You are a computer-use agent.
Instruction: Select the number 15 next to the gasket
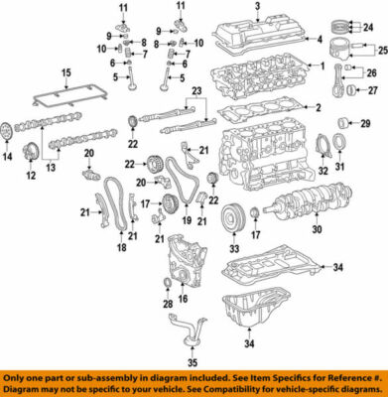pyautogui.click(x=66, y=73)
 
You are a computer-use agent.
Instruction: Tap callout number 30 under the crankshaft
pyautogui.click(x=317, y=231)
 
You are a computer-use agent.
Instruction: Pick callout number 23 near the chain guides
pyautogui.click(x=196, y=91)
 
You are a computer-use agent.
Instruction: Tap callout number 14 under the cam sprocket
pyautogui.click(x=8, y=157)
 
